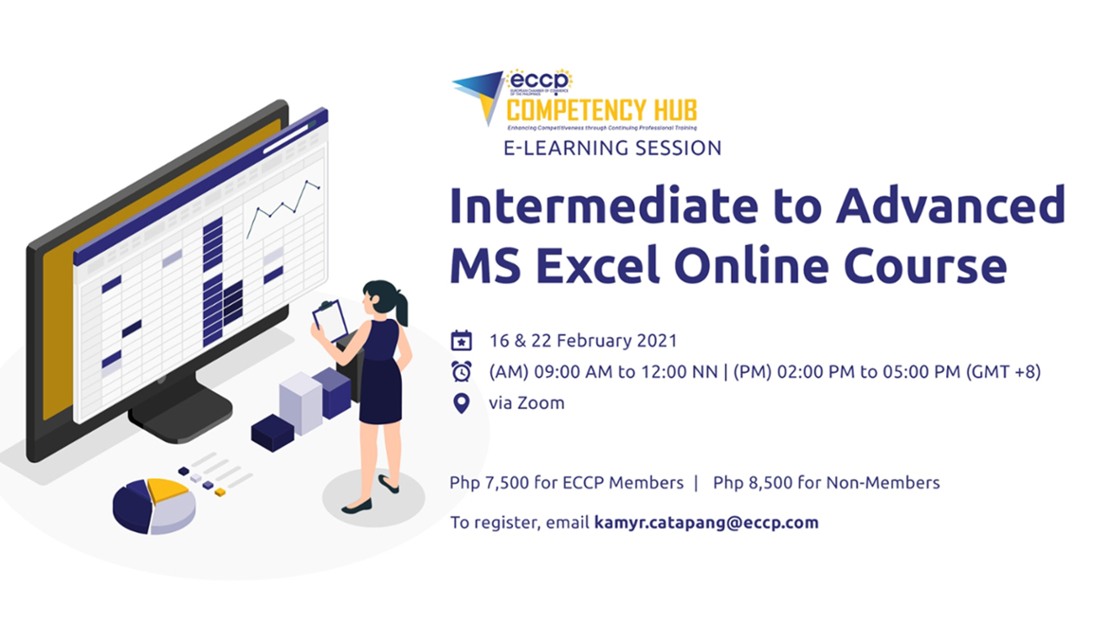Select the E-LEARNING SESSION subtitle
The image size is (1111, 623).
(x=613, y=148)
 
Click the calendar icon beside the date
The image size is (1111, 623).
(x=462, y=340)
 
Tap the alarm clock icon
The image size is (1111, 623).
(x=462, y=372)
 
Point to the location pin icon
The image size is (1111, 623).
(x=462, y=403)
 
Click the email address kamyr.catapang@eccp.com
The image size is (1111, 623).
(x=706, y=523)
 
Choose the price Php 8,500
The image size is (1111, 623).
(x=754, y=482)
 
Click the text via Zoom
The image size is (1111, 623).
(x=527, y=403)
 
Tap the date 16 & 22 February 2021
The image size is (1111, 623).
(x=583, y=340)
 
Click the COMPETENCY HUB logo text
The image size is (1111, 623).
(x=602, y=110)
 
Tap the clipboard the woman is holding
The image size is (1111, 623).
(x=330, y=320)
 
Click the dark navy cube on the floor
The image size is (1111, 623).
(x=273, y=432)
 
